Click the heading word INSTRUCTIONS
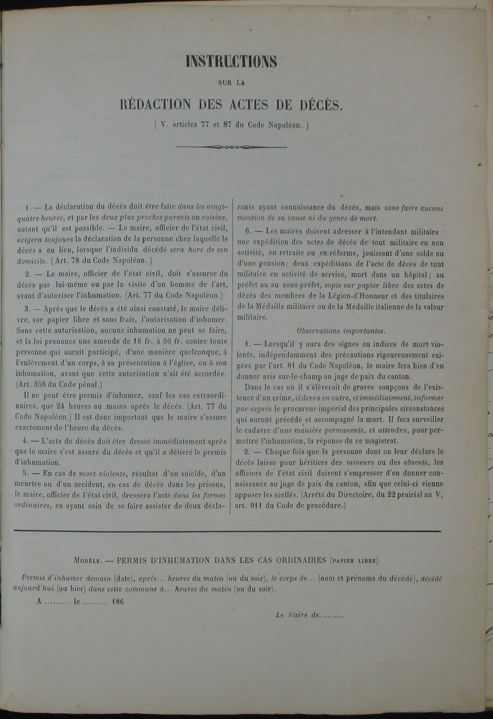click(231, 62)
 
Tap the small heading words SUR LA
click(231, 83)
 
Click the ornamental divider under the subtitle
click(231, 147)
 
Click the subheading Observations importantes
click(341, 330)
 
